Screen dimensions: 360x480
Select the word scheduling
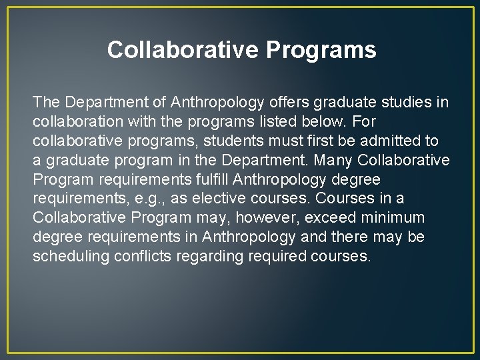69,257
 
